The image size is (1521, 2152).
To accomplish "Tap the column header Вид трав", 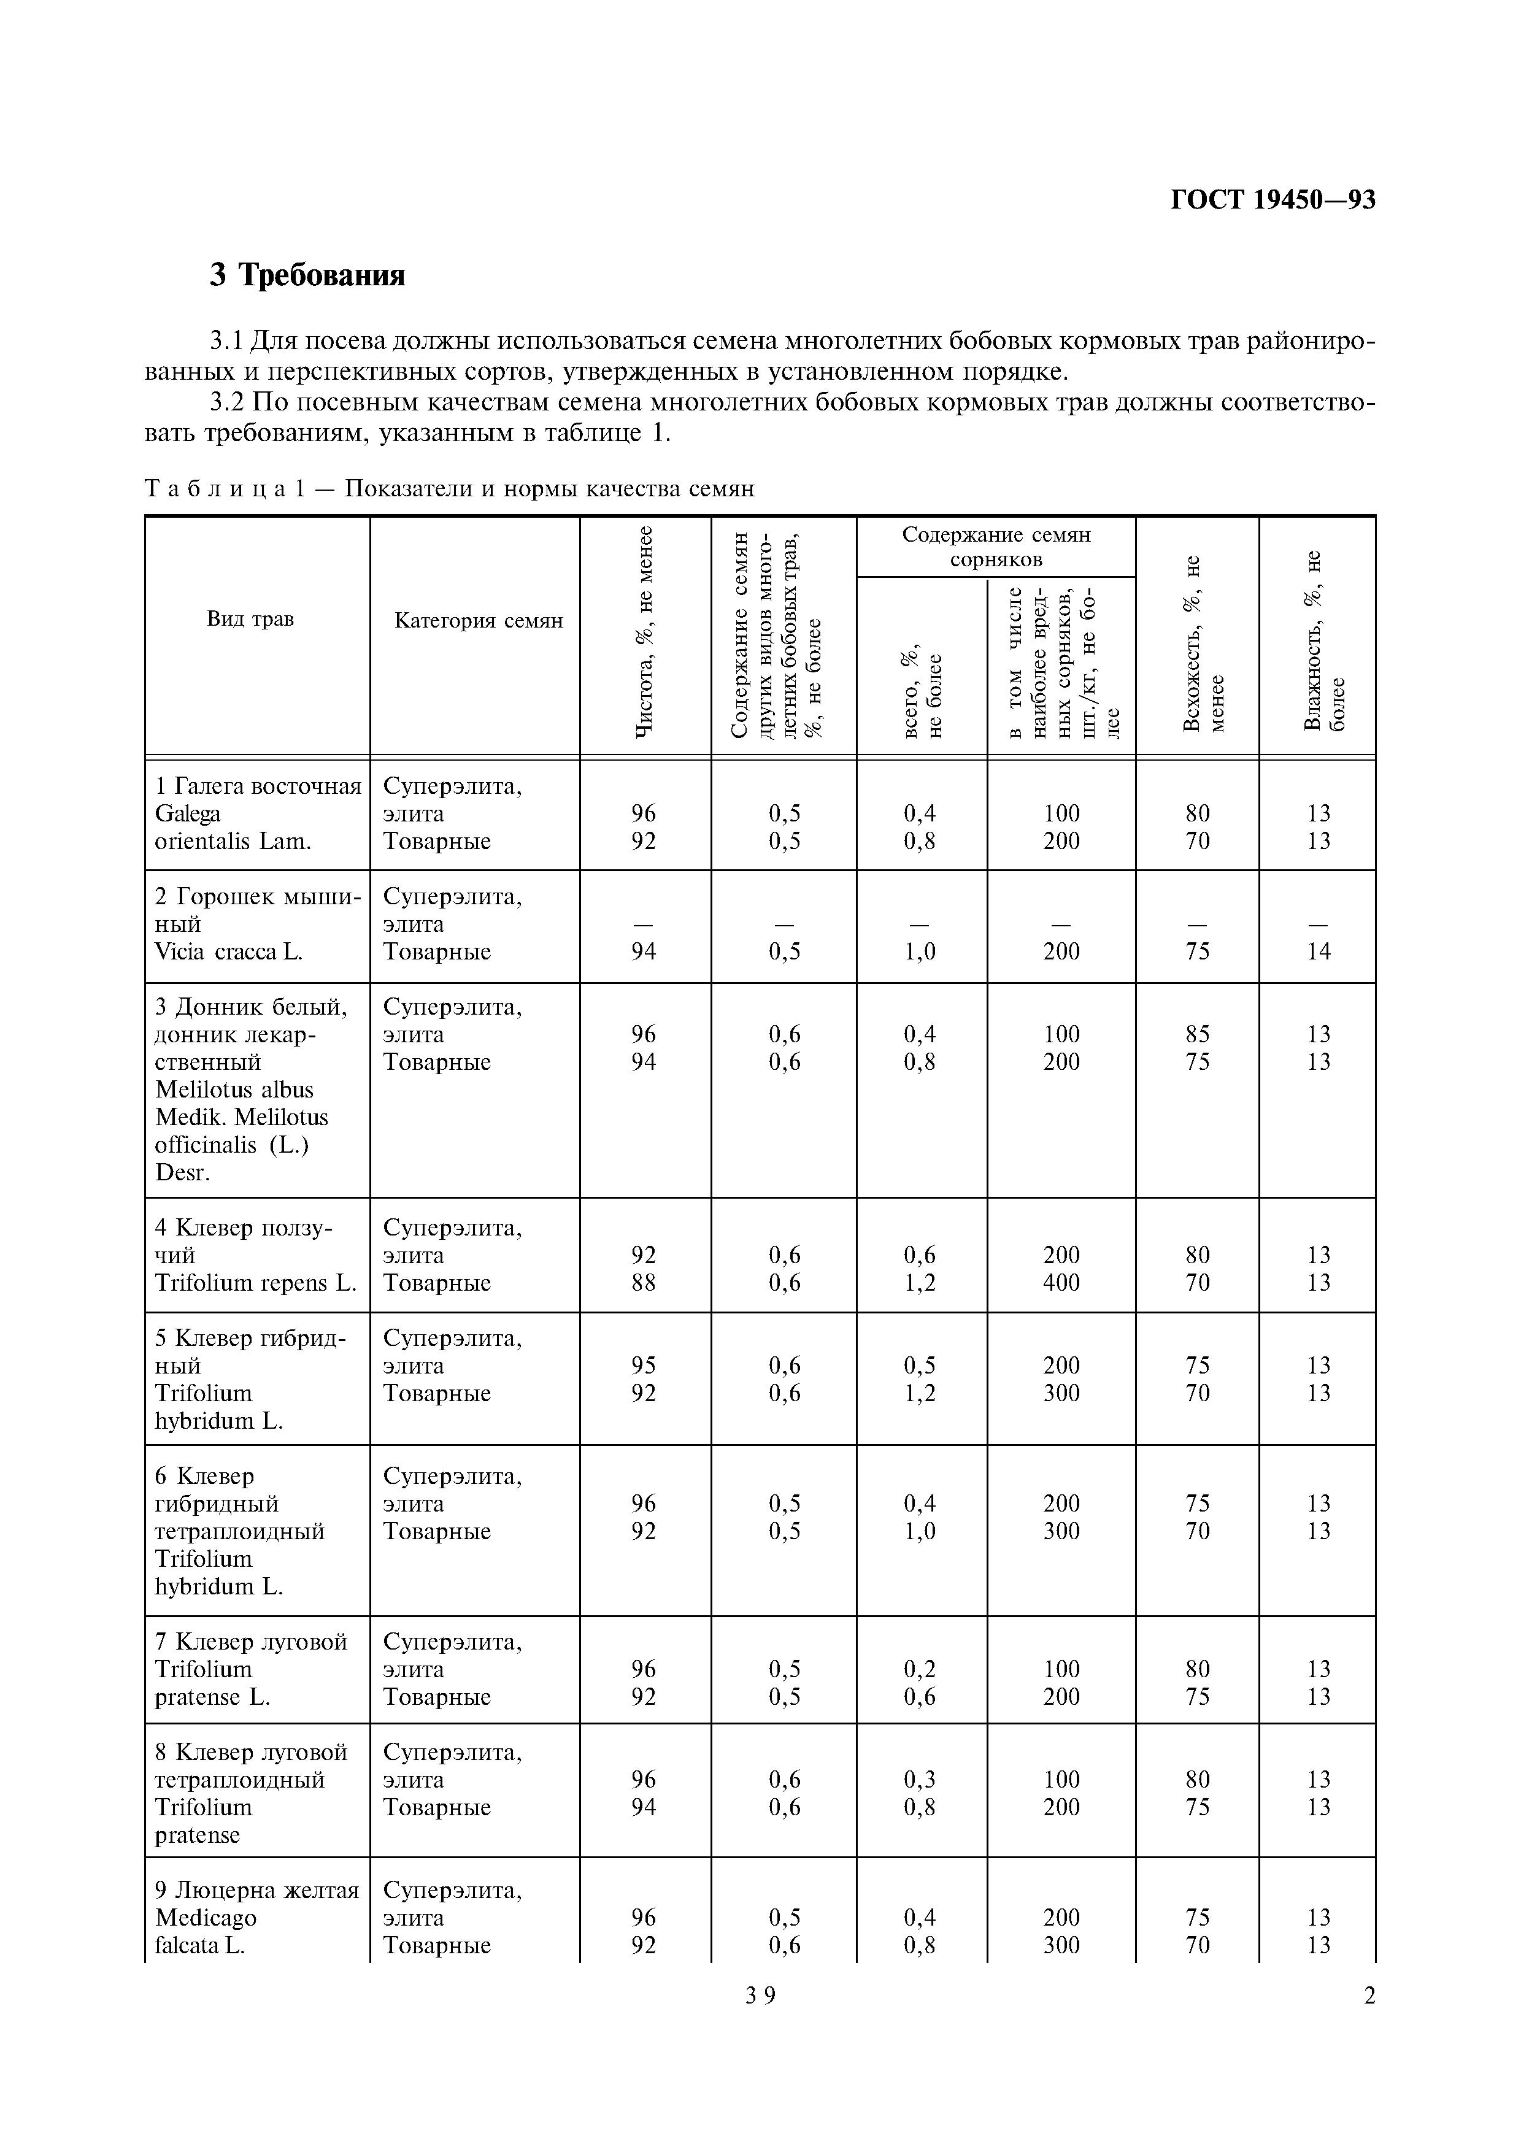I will [x=250, y=620].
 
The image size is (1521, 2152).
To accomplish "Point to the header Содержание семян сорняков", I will [x=995, y=547].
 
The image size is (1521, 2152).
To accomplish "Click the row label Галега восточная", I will [x=258, y=785].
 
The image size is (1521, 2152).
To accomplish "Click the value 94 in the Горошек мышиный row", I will [x=643, y=951].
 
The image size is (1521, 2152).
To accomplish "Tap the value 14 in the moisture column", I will [x=1318, y=951].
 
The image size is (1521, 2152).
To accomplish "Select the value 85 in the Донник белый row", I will [x=1197, y=1034].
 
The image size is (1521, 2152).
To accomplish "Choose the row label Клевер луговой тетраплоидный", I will [x=250, y=1766].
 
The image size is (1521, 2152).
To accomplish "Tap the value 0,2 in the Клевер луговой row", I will [x=919, y=1669].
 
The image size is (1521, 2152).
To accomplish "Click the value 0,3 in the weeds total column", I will [x=919, y=1779].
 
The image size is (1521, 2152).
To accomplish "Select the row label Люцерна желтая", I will [x=258, y=1889].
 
